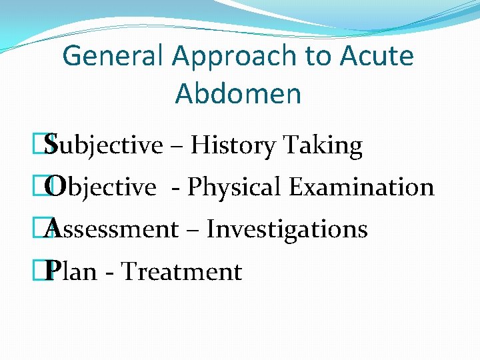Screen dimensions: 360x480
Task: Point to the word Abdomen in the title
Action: (x=238, y=94)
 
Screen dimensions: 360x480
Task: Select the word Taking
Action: (x=323, y=145)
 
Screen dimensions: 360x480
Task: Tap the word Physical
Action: (x=235, y=187)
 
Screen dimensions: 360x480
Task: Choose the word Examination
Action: (x=361, y=187)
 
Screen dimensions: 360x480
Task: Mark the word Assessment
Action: (x=113, y=229)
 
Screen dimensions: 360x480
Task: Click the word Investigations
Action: (x=287, y=229)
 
